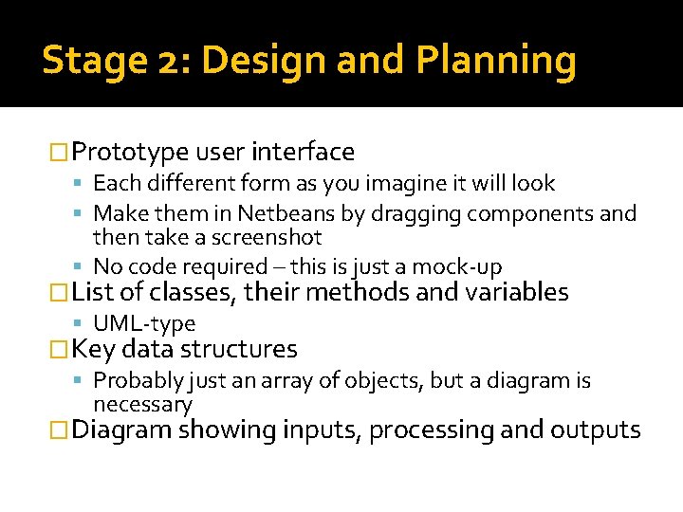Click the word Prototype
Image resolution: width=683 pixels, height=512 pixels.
pos(130,152)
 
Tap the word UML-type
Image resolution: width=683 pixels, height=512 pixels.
pos(144,324)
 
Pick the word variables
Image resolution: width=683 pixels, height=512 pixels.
pos(515,292)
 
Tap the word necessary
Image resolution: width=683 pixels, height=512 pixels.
pos(142,405)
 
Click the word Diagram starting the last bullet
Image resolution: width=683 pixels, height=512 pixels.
pos(121,430)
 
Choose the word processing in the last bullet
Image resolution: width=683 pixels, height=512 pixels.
pos(432,430)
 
